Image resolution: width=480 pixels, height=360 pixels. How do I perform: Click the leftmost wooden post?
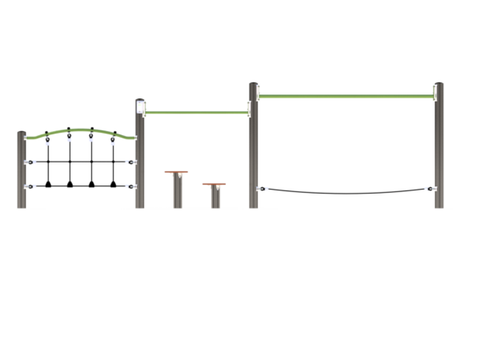point(22,170)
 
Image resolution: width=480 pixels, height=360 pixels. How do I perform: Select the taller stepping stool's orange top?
point(176,172)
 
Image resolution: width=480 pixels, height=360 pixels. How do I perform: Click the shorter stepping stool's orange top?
point(214,186)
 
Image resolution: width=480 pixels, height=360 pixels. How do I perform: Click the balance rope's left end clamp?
point(262,189)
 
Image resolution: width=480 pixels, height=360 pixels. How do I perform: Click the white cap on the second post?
point(142,105)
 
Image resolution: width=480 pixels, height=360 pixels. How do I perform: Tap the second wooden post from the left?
point(140,160)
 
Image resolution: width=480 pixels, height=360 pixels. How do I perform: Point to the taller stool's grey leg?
point(177,192)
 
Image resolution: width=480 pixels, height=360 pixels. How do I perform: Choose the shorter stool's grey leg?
point(215,198)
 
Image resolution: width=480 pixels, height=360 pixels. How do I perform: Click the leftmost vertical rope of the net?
point(50,164)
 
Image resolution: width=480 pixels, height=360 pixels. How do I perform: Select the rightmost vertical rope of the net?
point(113,164)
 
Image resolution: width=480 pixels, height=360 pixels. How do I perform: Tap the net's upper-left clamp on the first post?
point(30,161)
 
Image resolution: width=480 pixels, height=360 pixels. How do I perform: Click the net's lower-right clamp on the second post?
point(132,186)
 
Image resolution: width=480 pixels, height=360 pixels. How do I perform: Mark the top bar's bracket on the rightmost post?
point(432,96)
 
